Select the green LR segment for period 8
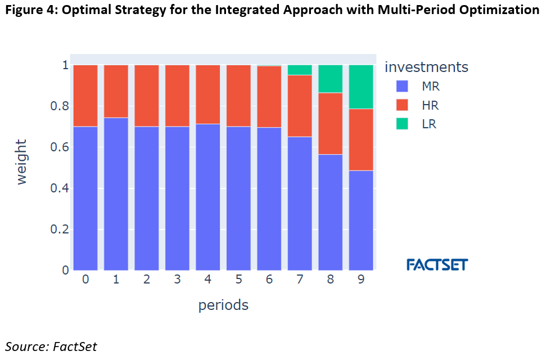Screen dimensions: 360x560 point(331,79)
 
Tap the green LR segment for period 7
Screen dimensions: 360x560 point(300,70)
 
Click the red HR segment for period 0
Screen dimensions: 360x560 point(85,96)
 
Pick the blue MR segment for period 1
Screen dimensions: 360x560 point(116,193)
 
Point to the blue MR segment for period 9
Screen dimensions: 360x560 point(361,220)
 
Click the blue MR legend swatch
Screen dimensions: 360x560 point(402,87)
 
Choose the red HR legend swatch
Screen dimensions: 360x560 point(402,105)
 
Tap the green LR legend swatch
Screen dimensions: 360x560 point(402,124)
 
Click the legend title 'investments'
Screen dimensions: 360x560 point(426,67)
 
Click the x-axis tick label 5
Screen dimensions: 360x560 point(238,280)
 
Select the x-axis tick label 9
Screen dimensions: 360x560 point(361,280)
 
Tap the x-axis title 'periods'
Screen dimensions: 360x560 point(223,305)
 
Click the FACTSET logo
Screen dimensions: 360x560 point(437,264)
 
